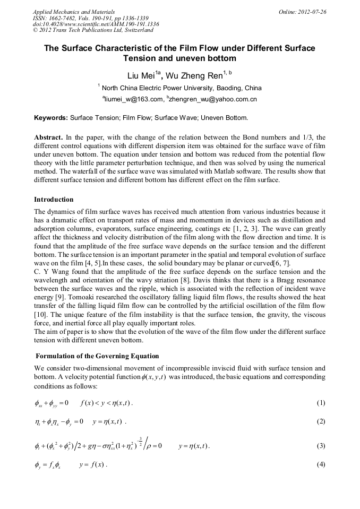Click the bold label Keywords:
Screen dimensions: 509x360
[x=51, y=117]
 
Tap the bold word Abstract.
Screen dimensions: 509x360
[x=48, y=137]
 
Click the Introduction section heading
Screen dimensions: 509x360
[x=54, y=200]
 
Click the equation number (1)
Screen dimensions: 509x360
[x=321, y=403]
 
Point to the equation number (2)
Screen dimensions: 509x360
[x=321, y=422]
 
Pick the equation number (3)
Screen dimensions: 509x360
[x=321, y=446]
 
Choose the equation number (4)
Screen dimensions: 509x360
[x=321, y=465]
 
